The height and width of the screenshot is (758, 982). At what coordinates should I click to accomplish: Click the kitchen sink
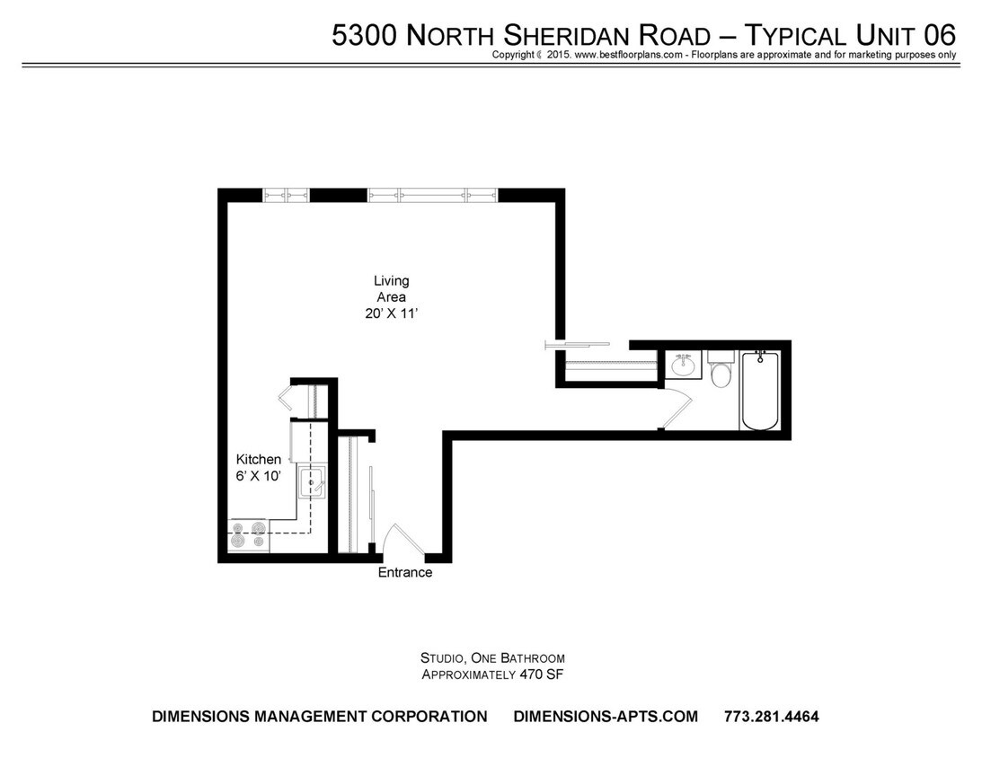[x=313, y=482]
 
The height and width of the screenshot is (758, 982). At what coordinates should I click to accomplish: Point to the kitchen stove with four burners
[x=248, y=535]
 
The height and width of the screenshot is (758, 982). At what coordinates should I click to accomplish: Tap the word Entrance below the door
[x=404, y=573]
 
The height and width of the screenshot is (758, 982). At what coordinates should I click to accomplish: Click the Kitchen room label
[x=258, y=460]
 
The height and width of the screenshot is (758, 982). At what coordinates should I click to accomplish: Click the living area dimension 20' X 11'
[x=391, y=313]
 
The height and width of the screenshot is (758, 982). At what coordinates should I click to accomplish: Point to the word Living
[x=391, y=281]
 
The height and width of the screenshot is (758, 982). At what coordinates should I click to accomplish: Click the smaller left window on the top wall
[x=286, y=195]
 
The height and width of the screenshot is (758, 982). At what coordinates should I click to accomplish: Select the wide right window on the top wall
[x=432, y=195]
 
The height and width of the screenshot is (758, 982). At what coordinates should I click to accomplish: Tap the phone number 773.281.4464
[x=771, y=717]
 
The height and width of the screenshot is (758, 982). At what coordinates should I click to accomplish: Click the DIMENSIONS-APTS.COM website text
[x=606, y=717]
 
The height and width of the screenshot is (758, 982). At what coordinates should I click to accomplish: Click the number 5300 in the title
[x=364, y=35]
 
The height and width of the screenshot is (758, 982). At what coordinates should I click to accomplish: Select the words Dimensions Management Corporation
[x=320, y=717]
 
